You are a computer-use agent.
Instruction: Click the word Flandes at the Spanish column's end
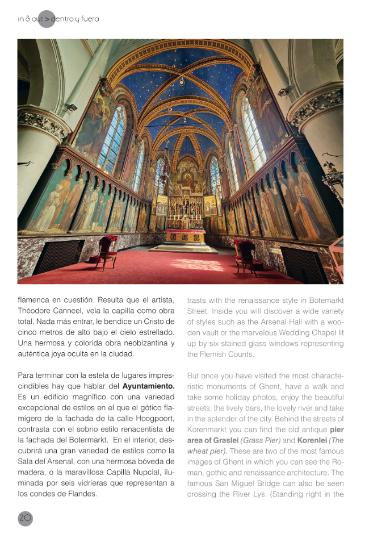pos(81,493)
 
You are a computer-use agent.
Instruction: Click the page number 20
pos(26,518)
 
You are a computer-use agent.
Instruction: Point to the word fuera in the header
pos(88,19)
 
